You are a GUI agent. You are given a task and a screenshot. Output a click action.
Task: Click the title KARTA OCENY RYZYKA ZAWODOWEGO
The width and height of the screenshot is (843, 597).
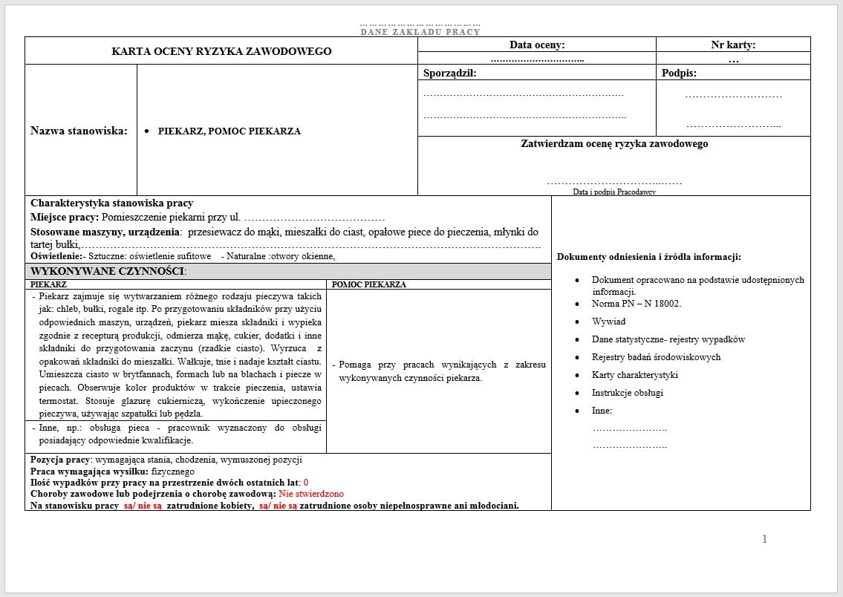click(221, 51)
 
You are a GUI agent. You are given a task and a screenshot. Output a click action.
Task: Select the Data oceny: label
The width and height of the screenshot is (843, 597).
click(536, 45)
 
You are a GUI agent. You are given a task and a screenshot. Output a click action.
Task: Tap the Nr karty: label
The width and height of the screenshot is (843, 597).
click(733, 45)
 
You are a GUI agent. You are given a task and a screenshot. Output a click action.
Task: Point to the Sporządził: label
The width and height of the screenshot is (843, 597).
click(449, 73)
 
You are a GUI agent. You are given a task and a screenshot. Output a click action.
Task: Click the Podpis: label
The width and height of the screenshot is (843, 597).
click(679, 73)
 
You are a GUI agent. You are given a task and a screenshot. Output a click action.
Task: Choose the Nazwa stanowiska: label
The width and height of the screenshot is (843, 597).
click(79, 131)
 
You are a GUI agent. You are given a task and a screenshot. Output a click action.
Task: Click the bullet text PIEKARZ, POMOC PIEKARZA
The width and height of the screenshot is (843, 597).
click(229, 131)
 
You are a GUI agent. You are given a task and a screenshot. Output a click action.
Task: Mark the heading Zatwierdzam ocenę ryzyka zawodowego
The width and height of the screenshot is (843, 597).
click(614, 144)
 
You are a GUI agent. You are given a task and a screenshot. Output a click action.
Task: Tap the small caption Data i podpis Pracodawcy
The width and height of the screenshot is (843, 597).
click(614, 192)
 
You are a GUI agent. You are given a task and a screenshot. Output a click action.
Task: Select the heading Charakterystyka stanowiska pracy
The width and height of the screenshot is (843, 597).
click(111, 203)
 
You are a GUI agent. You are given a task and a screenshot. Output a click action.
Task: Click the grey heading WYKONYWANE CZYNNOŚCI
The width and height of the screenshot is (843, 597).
click(108, 272)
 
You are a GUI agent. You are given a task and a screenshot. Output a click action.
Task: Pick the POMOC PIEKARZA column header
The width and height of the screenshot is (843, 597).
click(368, 284)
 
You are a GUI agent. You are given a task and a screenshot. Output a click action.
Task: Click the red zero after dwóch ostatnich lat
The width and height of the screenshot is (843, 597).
click(306, 483)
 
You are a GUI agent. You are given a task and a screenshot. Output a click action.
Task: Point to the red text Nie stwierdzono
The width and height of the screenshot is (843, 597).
click(311, 494)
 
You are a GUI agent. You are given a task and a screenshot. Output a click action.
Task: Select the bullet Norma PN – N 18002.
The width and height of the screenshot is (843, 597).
click(636, 304)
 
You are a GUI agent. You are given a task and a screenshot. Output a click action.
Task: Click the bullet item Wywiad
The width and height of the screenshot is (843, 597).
click(608, 322)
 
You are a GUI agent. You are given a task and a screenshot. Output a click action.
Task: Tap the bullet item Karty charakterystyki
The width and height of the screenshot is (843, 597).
click(634, 375)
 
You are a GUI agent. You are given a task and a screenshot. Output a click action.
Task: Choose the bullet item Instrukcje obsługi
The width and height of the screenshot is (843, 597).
click(627, 393)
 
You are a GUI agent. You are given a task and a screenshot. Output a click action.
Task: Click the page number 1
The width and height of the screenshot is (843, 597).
click(764, 539)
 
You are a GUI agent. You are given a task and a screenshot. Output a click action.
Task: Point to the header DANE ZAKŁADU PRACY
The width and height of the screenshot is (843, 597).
click(420, 32)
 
